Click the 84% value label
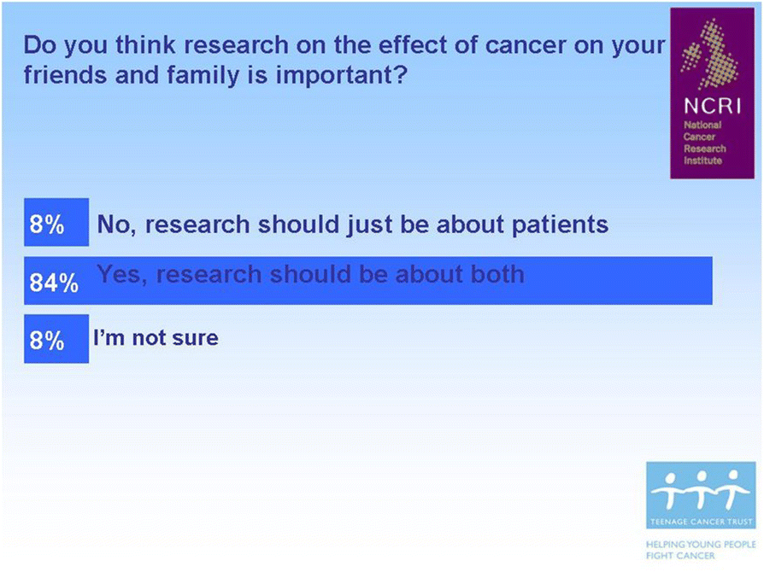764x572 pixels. pyautogui.click(x=54, y=283)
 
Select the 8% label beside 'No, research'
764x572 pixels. pyautogui.click(x=47, y=225)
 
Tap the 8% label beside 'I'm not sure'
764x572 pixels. pyautogui.click(x=47, y=340)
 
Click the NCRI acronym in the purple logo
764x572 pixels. pyautogui.click(x=712, y=106)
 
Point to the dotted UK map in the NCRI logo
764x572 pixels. pyautogui.click(x=710, y=54)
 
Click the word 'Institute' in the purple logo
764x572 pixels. pyautogui.click(x=702, y=161)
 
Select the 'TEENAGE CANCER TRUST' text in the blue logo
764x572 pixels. pyautogui.click(x=701, y=522)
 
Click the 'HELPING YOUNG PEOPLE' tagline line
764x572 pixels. pyautogui.click(x=701, y=544)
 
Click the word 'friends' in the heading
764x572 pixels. pyautogui.click(x=65, y=75)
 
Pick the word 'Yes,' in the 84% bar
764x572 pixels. pyautogui.click(x=122, y=275)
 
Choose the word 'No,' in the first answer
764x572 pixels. pyautogui.click(x=116, y=225)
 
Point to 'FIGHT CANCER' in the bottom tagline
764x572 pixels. pyautogui.click(x=680, y=556)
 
